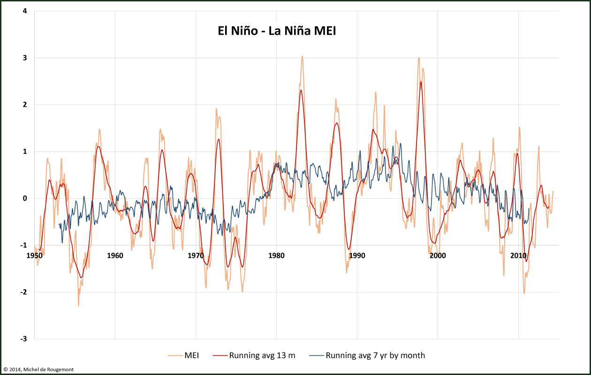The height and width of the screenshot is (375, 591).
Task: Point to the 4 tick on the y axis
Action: click(x=24, y=11)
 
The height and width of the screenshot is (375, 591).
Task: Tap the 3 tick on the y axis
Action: click(x=24, y=58)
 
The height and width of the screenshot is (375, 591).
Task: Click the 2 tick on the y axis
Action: click(x=24, y=105)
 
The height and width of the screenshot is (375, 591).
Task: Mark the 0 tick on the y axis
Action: click(x=24, y=198)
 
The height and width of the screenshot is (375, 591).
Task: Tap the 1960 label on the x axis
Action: click(x=115, y=255)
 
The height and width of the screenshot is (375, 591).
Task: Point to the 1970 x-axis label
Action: click(x=196, y=255)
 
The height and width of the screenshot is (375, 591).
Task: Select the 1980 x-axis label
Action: click(x=276, y=255)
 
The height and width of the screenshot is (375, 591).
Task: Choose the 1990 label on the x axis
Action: click(x=357, y=255)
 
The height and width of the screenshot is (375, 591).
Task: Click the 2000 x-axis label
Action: click(x=438, y=255)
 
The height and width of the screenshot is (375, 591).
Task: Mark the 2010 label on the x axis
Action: click(x=518, y=255)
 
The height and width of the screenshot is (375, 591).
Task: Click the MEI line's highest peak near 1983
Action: click(x=302, y=56)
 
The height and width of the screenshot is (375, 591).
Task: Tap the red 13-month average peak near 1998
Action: click(x=421, y=82)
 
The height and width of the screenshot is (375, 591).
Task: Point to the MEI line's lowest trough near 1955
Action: click(x=78, y=306)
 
